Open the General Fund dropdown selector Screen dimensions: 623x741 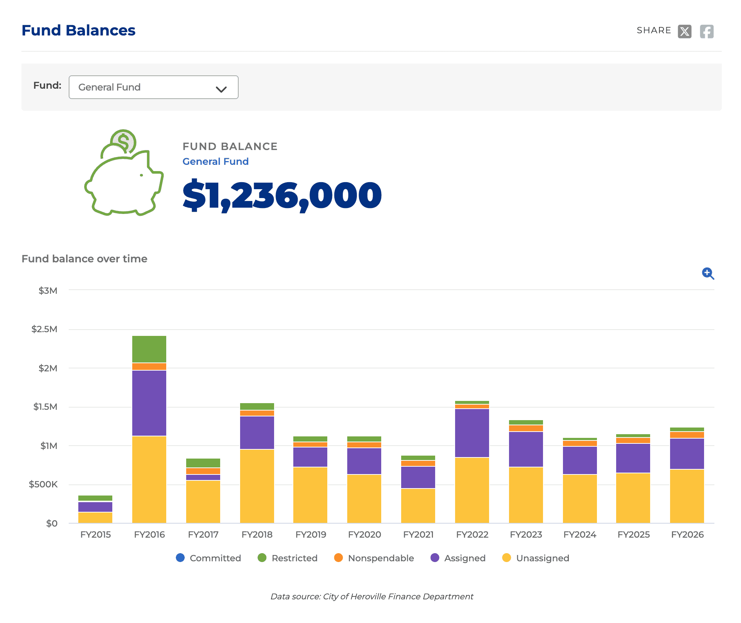(153, 87)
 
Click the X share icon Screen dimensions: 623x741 (684, 31)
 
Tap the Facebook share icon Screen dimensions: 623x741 (706, 31)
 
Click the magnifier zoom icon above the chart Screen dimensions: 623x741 (707, 273)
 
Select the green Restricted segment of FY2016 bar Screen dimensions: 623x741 (149, 349)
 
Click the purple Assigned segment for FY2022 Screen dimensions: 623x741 (472, 433)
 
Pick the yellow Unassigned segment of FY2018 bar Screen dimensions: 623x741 (257, 486)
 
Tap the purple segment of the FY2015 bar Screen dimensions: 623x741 (95, 507)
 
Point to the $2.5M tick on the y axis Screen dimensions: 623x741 (45, 329)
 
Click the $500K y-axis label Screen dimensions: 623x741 (43, 484)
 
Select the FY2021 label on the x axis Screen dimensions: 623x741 (418, 534)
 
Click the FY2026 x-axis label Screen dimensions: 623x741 (687, 534)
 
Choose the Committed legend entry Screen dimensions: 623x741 (209, 558)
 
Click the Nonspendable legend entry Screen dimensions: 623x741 (374, 558)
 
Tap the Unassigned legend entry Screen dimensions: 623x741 (536, 558)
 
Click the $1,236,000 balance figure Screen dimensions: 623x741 (282, 195)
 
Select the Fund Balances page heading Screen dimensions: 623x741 (78, 30)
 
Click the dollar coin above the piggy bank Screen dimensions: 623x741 (124, 141)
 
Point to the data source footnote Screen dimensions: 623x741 (372, 596)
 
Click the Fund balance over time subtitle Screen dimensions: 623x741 (84, 259)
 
